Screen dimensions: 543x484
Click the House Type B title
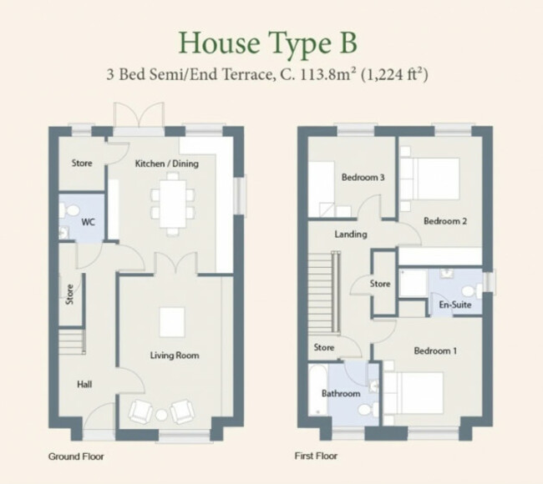pos(267,43)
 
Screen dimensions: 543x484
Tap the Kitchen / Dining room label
pos(166,164)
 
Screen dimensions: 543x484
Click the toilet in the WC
pos(70,210)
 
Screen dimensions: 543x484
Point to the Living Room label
pos(175,355)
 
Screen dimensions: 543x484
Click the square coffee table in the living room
pos(172,322)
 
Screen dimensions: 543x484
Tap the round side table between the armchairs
pos(161,415)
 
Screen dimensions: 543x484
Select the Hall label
pos(84,385)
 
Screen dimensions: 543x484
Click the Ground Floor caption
pos(76,456)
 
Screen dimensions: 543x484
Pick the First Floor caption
pos(316,456)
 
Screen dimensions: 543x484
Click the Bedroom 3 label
pos(363,177)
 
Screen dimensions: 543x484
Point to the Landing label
pos(351,234)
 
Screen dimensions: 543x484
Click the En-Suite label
pos(455,305)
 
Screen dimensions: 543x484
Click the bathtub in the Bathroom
pos(318,389)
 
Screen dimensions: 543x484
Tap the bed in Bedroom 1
pos(414,393)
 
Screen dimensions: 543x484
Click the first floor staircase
pos(325,292)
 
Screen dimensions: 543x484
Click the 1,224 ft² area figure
pos(394,74)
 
